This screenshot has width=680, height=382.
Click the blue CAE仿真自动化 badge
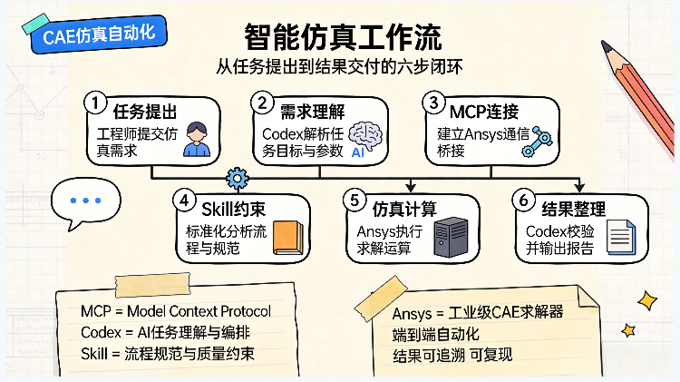point(99,34)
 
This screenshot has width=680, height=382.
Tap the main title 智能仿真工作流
point(343,37)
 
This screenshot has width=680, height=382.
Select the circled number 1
point(95,103)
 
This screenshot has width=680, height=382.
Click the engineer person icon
point(197,139)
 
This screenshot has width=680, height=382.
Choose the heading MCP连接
point(484,112)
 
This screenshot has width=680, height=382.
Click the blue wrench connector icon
point(537,142)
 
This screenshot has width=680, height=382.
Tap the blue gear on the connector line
point(238,179)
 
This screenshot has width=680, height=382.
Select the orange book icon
point(288,238)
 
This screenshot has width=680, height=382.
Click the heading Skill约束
point(233,210)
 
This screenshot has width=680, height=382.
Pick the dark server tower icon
point(451,237)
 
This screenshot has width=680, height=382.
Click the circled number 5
point(355,201)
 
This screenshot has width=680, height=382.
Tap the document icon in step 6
point(621,238)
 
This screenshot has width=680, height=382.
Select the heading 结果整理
point(573,210)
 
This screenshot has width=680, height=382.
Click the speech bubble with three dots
point(86,203)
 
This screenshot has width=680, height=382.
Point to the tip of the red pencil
point(604,44)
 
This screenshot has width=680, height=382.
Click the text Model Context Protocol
point(199,311)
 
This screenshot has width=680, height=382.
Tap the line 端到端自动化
point(436,334)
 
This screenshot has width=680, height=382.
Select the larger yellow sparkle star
point(647,300)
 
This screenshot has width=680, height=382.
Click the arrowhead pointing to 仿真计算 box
point(411,188)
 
